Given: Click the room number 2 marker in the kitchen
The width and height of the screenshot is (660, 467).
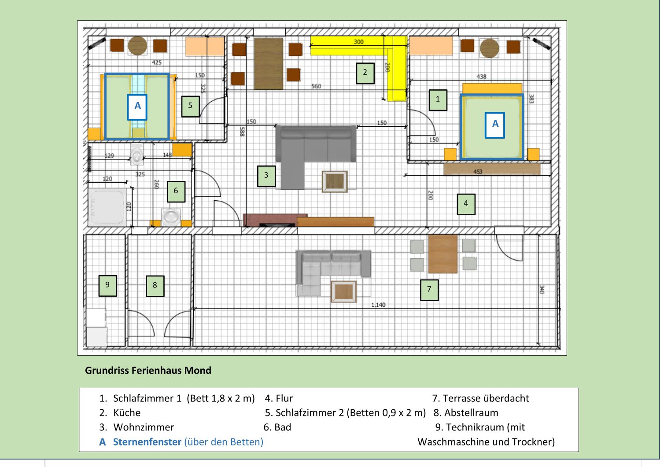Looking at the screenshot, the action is [365, 73].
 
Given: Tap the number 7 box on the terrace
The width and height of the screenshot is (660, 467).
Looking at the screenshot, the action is [429, 290].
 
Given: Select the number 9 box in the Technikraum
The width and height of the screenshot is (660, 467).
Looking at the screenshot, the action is [107, 286].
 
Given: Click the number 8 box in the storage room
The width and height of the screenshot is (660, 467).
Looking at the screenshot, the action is [155, 286].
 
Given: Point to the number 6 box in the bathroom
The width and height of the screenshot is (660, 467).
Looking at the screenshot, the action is [176, 191].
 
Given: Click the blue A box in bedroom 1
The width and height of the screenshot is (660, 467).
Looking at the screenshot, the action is [495, 125].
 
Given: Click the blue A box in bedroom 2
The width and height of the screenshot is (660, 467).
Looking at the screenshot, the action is [137, 107].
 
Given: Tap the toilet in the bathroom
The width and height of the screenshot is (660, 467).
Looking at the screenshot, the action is [137, 154].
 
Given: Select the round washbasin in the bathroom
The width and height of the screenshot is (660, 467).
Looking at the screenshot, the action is [171, 217].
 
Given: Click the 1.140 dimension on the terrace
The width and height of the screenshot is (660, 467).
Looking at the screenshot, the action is [378, 305].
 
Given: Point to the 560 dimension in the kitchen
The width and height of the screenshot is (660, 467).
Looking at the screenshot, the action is [316, 86].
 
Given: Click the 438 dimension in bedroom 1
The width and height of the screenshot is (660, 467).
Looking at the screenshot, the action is [481, 76].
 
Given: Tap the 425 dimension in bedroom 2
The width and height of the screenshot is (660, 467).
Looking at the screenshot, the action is [156, 62].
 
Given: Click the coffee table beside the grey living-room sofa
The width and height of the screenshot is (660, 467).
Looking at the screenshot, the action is [335, 181].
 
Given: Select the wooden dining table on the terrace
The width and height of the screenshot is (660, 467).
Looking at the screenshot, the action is [442, 254].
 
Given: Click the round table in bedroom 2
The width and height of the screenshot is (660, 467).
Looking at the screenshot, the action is [138, 46].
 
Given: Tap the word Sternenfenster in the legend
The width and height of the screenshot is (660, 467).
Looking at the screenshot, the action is [147, 441].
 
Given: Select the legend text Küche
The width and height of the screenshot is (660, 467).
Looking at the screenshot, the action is [127, 412].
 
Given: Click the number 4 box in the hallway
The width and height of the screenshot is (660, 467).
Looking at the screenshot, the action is [466, 204].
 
